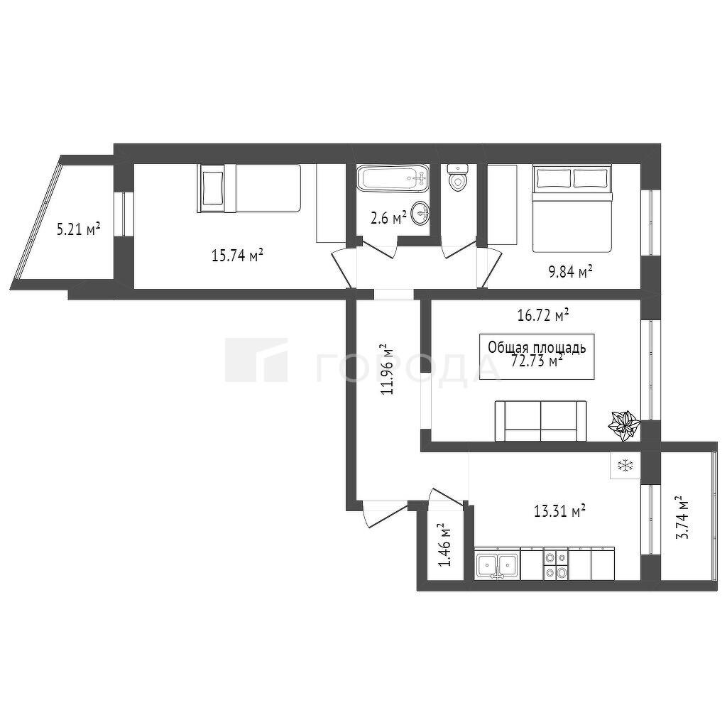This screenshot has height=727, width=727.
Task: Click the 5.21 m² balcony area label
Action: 78,229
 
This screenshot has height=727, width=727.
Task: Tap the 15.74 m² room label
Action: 237,256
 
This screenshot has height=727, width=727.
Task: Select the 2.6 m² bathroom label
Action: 388,217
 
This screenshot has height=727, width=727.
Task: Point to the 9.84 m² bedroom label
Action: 571,272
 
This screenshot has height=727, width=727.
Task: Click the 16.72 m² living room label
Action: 543,315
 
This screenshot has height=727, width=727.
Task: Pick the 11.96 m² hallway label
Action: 387,368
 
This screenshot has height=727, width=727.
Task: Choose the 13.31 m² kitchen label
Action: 559,511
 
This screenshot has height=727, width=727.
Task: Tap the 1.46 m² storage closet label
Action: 445,545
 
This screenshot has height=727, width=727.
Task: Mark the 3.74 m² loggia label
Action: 681,518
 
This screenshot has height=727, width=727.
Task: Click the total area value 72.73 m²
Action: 537,361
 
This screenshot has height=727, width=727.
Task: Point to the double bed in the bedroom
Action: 572,208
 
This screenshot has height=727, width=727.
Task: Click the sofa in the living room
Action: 540,421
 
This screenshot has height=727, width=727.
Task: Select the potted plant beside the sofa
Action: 624,426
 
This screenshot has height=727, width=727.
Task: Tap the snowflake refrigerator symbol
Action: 625,465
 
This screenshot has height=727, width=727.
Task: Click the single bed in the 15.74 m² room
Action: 249,188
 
